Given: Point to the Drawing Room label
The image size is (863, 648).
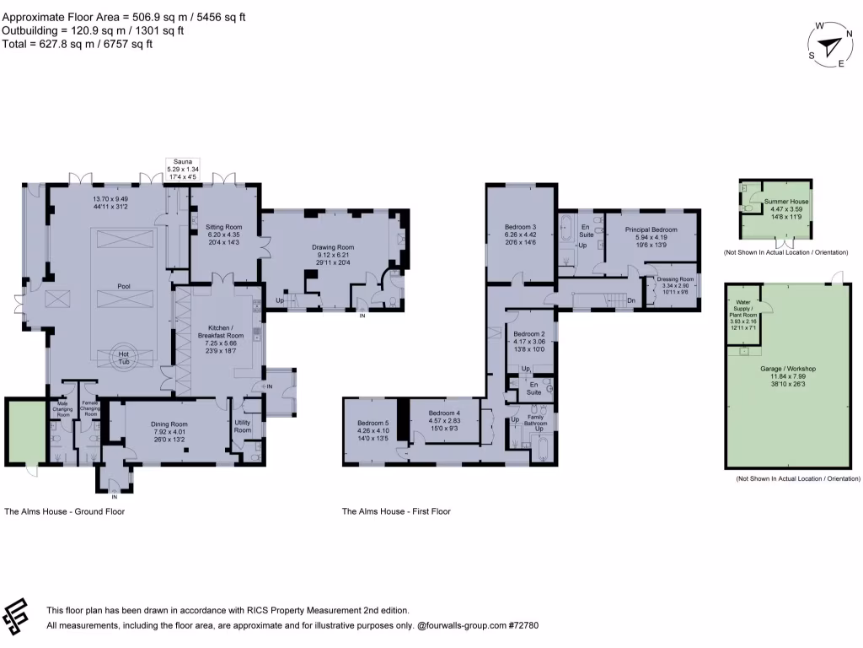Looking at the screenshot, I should point(335,247).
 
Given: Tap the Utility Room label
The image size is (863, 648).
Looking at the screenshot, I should point(243,426).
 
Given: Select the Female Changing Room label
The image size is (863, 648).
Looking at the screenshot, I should point(90,409).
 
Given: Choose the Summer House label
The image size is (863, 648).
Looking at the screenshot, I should point(785,202).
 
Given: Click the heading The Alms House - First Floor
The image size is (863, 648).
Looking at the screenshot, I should point(395,511).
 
